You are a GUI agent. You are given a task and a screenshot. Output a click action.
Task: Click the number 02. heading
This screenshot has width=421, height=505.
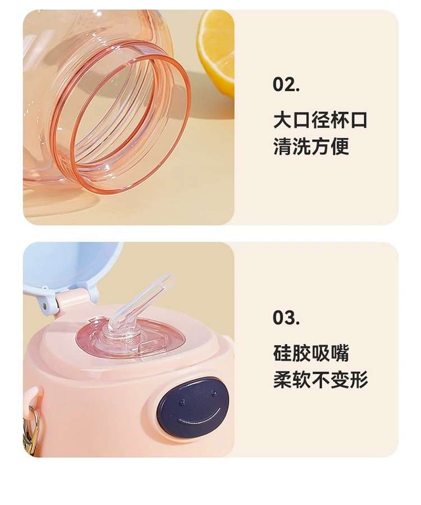tap(286, 85)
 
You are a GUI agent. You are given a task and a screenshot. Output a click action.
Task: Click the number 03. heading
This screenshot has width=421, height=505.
tap(286, 318)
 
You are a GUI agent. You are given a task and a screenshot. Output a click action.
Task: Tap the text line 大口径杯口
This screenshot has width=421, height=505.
tap(320, 120)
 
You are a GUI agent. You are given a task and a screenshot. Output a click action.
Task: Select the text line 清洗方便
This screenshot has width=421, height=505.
tap(311, 146)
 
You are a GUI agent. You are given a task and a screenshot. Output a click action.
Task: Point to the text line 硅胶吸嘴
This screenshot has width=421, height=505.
tap(311, 353)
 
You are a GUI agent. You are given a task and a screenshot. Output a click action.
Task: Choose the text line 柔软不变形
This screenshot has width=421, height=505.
tap(321, 380)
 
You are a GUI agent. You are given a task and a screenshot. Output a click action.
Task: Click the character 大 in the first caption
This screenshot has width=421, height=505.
tap(282, 120)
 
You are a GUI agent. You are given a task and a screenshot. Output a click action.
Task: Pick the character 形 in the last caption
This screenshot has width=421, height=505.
tap(359, 380)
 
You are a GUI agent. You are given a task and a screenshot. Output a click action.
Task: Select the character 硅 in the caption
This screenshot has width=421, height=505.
tap(282, 353)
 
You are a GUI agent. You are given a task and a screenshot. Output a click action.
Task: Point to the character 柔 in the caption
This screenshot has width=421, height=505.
tap(282, 380)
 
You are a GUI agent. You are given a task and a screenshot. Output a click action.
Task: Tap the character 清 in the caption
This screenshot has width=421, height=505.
tap(282, 146)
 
